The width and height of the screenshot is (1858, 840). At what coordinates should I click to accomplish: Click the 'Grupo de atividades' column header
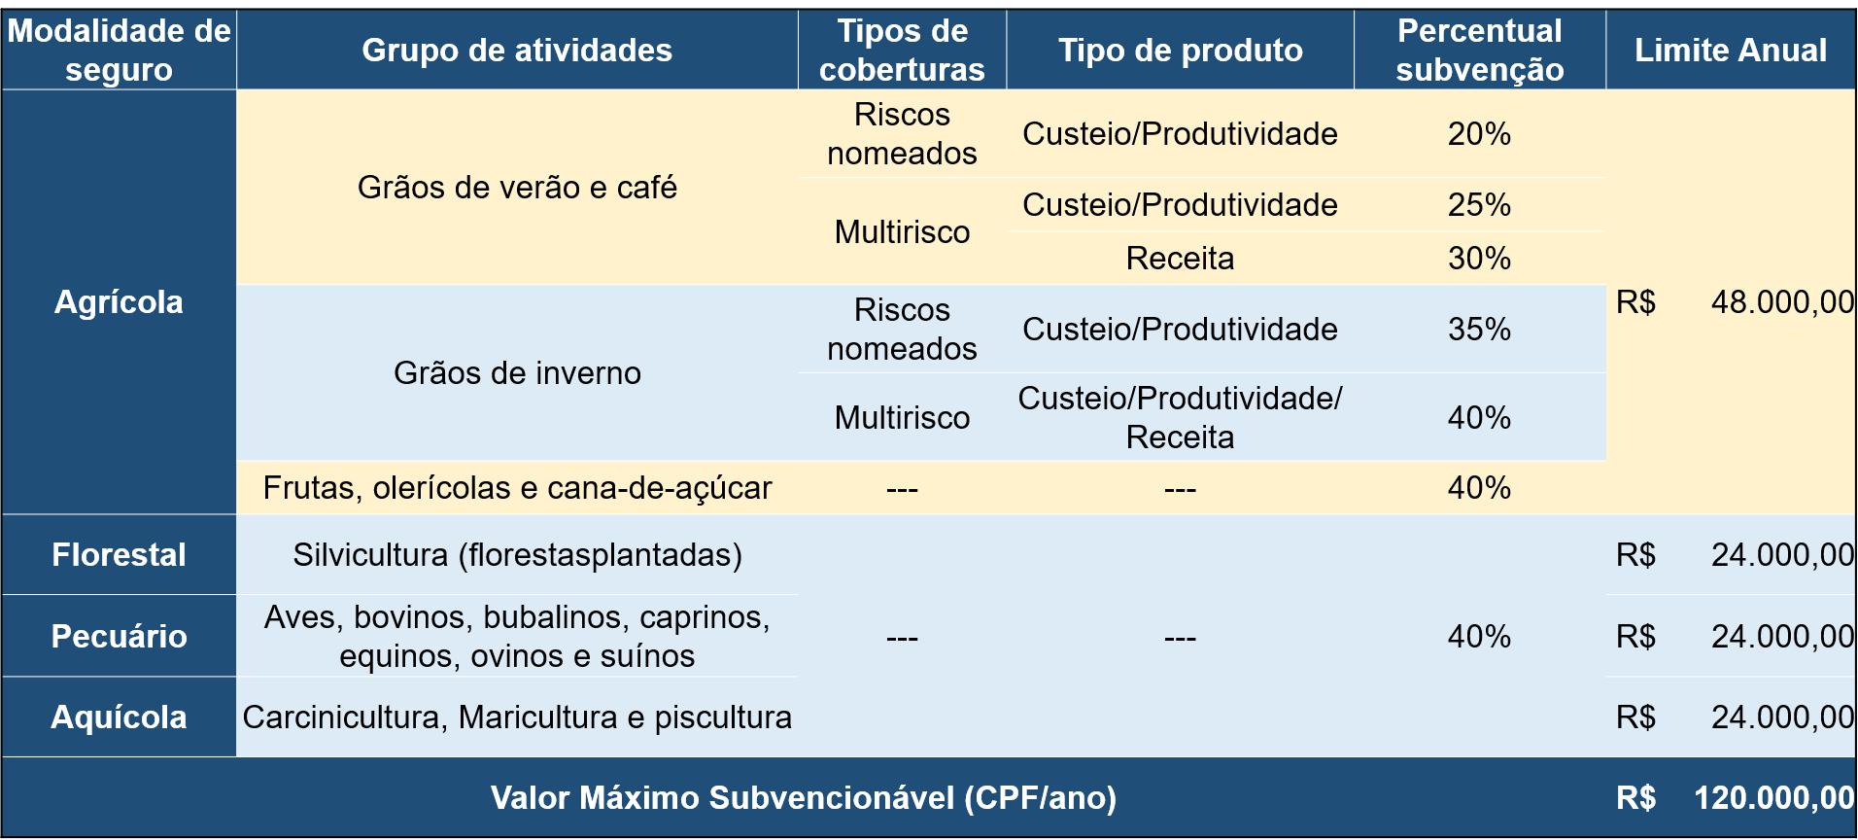click(x=517, y=51)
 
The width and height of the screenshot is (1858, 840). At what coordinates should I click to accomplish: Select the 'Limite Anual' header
click(x=1730, y=51)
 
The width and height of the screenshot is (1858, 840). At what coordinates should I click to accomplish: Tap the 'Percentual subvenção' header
click(x=1479, y=51)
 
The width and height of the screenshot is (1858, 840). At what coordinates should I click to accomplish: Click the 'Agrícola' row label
click(x=119, y=302)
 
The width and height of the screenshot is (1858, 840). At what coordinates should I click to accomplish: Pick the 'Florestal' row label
click(x=119, y=555)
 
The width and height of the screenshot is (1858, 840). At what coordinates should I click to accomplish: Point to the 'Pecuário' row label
click(x=119, y=637)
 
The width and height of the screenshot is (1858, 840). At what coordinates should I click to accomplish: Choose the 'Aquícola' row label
click(x=119, y=717)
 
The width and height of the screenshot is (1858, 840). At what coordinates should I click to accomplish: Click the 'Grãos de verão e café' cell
click(x=517, y=188)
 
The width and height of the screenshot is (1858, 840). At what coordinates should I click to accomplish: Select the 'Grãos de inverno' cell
click(x=517, y=373)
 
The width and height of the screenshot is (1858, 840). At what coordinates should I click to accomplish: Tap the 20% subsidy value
click(x=1479, y=134)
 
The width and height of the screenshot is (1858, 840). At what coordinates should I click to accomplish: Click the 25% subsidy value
click(x=1479, y=205)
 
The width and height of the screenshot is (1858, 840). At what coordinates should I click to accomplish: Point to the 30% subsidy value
click(x=1479, y=259)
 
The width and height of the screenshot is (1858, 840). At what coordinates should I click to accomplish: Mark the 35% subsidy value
click(x=1479, y=330)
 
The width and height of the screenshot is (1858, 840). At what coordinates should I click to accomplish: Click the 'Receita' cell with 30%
click(x=1180, y=259)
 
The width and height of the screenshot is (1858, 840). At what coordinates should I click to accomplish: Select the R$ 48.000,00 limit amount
click(x=1781, y=302)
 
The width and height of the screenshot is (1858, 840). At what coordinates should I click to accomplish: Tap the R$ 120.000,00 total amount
click(x=1772, y=798)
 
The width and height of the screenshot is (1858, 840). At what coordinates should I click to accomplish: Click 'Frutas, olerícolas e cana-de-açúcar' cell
click(x=517, y=488)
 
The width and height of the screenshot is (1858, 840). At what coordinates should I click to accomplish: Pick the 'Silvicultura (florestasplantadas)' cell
click(x=517, y=555)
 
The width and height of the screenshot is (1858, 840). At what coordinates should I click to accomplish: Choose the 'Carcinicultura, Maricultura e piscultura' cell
click(x=517, y=717)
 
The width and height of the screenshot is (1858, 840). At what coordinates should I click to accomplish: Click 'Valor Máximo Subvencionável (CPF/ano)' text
click(x=804, y=798)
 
